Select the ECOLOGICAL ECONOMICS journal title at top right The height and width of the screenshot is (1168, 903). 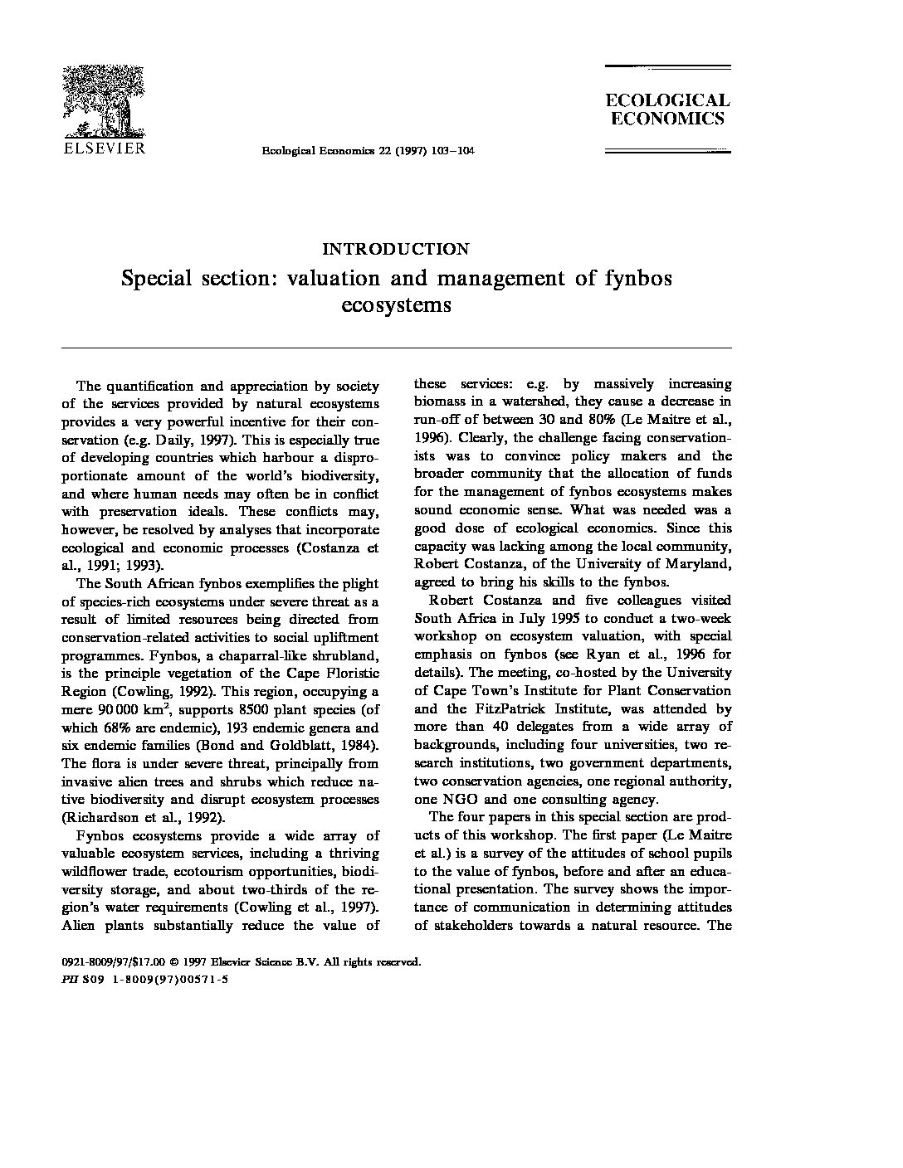coord(666,109)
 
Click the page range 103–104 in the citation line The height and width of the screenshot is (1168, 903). coord(447,150)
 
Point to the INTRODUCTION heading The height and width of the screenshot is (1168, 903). coord(395,249)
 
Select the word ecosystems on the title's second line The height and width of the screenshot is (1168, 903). coord(396,304)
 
